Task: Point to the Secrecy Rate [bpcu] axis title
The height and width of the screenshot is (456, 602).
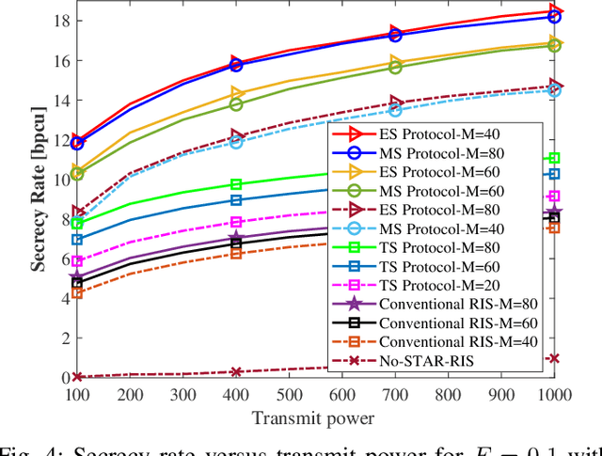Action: coord(39,197)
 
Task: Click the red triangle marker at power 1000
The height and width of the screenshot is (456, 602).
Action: coord(554,11)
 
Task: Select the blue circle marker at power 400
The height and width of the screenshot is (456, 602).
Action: coord(236,65)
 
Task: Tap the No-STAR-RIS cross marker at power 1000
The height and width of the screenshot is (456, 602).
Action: coord(554,358)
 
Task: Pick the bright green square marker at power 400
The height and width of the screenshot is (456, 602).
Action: coord(236,184)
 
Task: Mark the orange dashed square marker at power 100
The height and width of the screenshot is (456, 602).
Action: coord(77,293)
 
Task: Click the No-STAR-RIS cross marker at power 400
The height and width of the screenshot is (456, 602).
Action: coord(236,372)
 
